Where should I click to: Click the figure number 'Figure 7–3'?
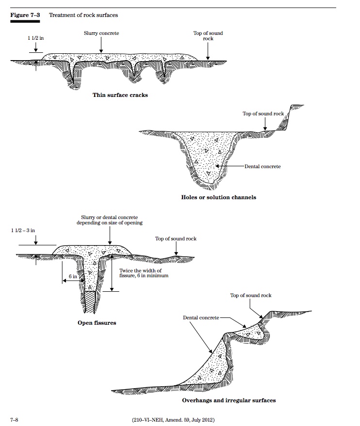point(25,15)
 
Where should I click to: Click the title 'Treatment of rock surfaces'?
point(83,15)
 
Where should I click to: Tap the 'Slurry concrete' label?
point(101,33)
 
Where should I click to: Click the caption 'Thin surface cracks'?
point(120,95)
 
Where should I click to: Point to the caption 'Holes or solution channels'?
point(218,197)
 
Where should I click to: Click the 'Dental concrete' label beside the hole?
point(262,166)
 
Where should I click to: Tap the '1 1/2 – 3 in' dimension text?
point(23,230)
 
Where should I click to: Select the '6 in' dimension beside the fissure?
point(73,276)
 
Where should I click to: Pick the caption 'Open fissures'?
point(97,323)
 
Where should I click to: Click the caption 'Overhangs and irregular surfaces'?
point(229,400)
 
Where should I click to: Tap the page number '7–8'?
point(15,418)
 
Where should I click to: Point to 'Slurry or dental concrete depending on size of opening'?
point(109,220)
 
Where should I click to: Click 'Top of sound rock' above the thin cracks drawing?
point(208,35)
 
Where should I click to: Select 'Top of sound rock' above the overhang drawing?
point(251,295)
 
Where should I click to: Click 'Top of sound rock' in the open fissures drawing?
point(176,238)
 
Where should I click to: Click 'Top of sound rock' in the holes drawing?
point(263,114)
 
